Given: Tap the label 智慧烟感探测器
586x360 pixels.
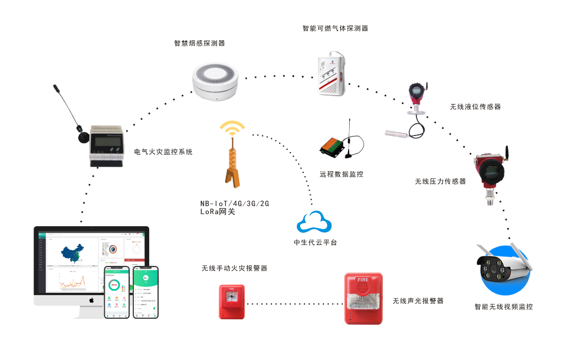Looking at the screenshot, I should (x=199, y=43).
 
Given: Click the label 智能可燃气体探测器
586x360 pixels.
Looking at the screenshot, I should (x=335, y=28).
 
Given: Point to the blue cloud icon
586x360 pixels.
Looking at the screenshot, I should (x=314, y=222).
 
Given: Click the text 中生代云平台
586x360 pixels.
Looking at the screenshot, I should (x=315, y=243).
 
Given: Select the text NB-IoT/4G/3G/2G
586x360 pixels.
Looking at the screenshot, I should (x=235, y=204).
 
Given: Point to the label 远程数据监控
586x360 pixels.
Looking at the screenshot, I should (x=341, y=174).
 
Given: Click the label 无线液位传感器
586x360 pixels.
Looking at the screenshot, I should (x=475, y=107).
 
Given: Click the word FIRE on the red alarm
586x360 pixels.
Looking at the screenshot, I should (x=363, y=279).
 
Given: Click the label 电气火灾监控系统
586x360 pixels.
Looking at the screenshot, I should (x=164, y=151).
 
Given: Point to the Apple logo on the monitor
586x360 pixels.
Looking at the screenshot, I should (x=91, y=300).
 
